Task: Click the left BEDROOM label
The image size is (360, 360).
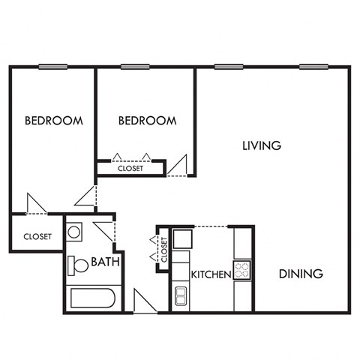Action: (53, 120)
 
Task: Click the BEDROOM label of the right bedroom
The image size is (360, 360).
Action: (148, 120)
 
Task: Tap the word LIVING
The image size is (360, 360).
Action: (262, 145)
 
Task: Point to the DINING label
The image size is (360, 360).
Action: (301, 274)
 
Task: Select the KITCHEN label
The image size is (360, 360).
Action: (210, 275)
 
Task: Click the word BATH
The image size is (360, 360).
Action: (103, 262)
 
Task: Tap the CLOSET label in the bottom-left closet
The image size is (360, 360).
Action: (37, 236)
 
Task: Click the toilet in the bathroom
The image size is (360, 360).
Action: (76, 265)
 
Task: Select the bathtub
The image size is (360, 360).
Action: (92, 299)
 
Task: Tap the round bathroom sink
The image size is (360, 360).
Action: (74, 232)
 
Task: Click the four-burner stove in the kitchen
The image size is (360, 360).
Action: (242, 268)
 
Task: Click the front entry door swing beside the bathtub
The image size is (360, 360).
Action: (142, 300)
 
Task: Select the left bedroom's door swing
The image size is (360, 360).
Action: (36, 203)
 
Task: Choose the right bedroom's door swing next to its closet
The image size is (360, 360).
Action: (178, 165)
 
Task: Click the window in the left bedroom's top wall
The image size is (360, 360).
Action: (52, 67)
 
